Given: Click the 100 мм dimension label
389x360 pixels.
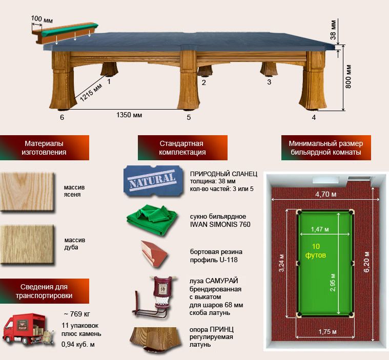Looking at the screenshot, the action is tap(42, 19).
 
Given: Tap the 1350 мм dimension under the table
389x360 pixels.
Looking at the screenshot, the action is tap(129, 115).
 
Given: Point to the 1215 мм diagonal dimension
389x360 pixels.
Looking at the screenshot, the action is tap(91, 93).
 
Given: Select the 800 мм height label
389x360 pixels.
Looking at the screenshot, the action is tap(348, 77).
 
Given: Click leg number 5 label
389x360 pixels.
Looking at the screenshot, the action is tap(189, 117).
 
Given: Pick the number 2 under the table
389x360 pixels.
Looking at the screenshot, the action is tap(203, 82).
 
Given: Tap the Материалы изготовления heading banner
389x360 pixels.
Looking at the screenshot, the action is tap(45, 147).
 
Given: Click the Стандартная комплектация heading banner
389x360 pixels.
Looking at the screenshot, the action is tap(182, 147).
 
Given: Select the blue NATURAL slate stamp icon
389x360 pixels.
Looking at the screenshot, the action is tap(153, 181).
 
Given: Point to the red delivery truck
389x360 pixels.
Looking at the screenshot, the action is tap(28, 329).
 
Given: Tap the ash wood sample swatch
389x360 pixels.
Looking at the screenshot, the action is tap(27, 192).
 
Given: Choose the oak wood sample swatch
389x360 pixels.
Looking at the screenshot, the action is tap(27, 244).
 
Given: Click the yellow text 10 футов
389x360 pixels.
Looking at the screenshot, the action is tap(316, 250).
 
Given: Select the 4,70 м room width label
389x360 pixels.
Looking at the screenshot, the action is tap(326, 194).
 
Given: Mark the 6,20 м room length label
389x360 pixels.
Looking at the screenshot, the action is tap(366, 262).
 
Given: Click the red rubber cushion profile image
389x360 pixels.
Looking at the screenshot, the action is tap(155, 253).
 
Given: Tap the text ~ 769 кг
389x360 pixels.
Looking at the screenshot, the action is tap(77, 314).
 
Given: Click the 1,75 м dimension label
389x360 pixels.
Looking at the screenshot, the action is tap(327, 332).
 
